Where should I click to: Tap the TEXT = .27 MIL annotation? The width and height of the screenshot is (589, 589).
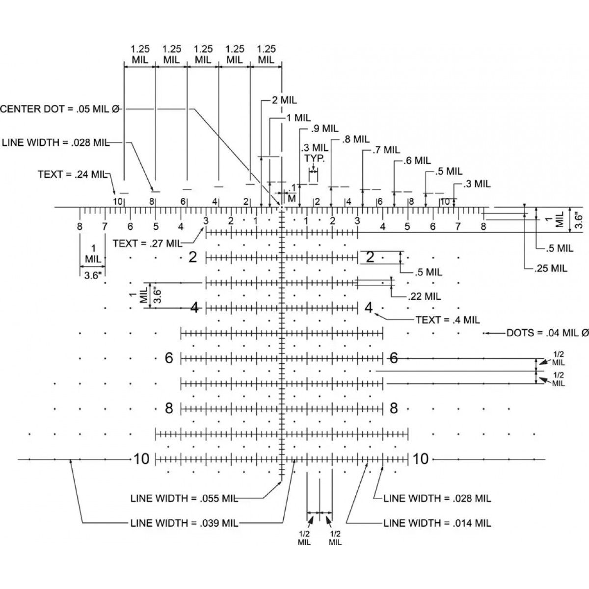(146, 243)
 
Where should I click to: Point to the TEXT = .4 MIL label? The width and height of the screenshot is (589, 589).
(447, 320)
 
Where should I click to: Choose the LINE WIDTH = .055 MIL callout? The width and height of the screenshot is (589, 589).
(184, 498)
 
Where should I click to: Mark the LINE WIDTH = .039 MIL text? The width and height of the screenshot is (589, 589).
(184, 523)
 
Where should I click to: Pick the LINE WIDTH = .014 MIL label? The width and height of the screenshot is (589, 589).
(437, 523)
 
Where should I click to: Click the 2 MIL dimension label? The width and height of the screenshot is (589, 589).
(284, 101)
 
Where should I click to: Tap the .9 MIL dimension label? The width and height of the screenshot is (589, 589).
(325, 129)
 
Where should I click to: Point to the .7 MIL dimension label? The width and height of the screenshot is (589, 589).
(386, 150)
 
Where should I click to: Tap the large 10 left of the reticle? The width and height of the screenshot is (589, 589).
(141, 459)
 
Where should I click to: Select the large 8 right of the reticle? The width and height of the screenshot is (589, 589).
(393, 408)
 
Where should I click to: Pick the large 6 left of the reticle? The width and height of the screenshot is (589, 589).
(169, 358)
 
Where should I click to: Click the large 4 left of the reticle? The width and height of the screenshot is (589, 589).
(194, 308)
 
